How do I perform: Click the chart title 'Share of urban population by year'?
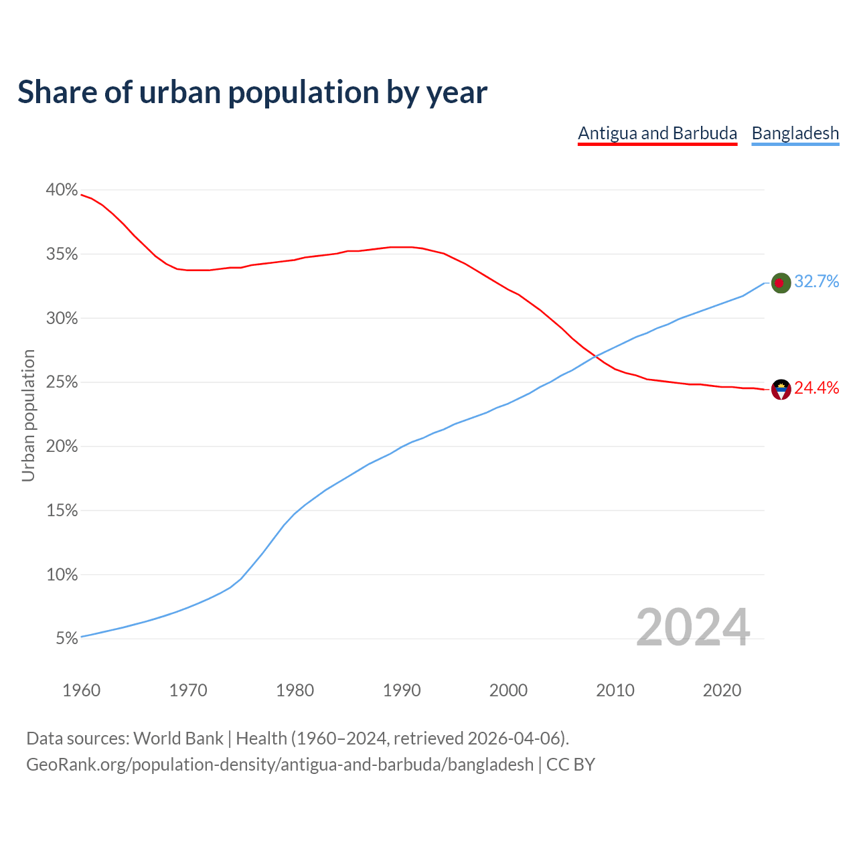252,92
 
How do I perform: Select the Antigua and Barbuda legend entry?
657,133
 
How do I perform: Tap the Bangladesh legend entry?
795,133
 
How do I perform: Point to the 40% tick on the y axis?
62,190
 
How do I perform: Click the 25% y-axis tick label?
62,382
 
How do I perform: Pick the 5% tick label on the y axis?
66,639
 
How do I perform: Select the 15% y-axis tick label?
62,511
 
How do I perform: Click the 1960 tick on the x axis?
81,690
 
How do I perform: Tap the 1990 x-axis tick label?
402,690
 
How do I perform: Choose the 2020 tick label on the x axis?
722,690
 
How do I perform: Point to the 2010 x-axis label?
615,690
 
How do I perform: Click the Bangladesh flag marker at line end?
781,283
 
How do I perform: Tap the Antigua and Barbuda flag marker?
781,389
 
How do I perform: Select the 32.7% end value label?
816,282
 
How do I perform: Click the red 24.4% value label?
816,388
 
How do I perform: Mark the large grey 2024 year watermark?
692,627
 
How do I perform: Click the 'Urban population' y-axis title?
28,415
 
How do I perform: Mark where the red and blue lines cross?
595,356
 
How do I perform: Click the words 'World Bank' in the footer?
178,738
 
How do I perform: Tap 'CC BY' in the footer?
570,765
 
